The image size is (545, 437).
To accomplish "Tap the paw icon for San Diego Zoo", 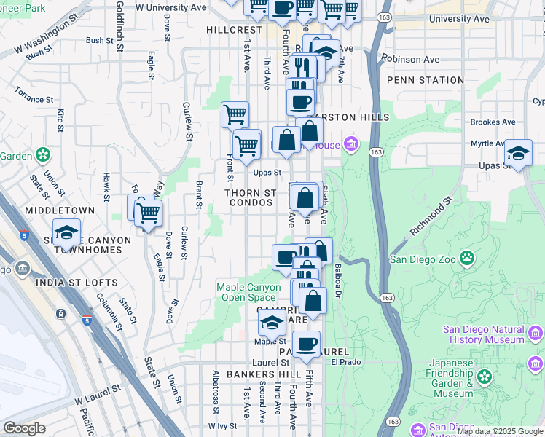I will pos(466,259).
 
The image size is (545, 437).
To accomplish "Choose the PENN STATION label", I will pos(426,80).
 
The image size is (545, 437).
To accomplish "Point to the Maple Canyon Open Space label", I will pos(248,292).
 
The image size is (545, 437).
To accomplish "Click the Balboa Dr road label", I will pos(337,281).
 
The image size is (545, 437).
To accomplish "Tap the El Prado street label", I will pos(345,361).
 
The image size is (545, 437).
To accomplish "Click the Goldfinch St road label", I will pos(119,25).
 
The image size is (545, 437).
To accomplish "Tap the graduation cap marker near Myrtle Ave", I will pos(518,153).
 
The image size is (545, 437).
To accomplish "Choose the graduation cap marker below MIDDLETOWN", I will pos(66,232).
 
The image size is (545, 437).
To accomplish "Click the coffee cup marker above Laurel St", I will pos(306,344).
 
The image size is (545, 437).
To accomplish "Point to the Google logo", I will pos(24,428).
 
